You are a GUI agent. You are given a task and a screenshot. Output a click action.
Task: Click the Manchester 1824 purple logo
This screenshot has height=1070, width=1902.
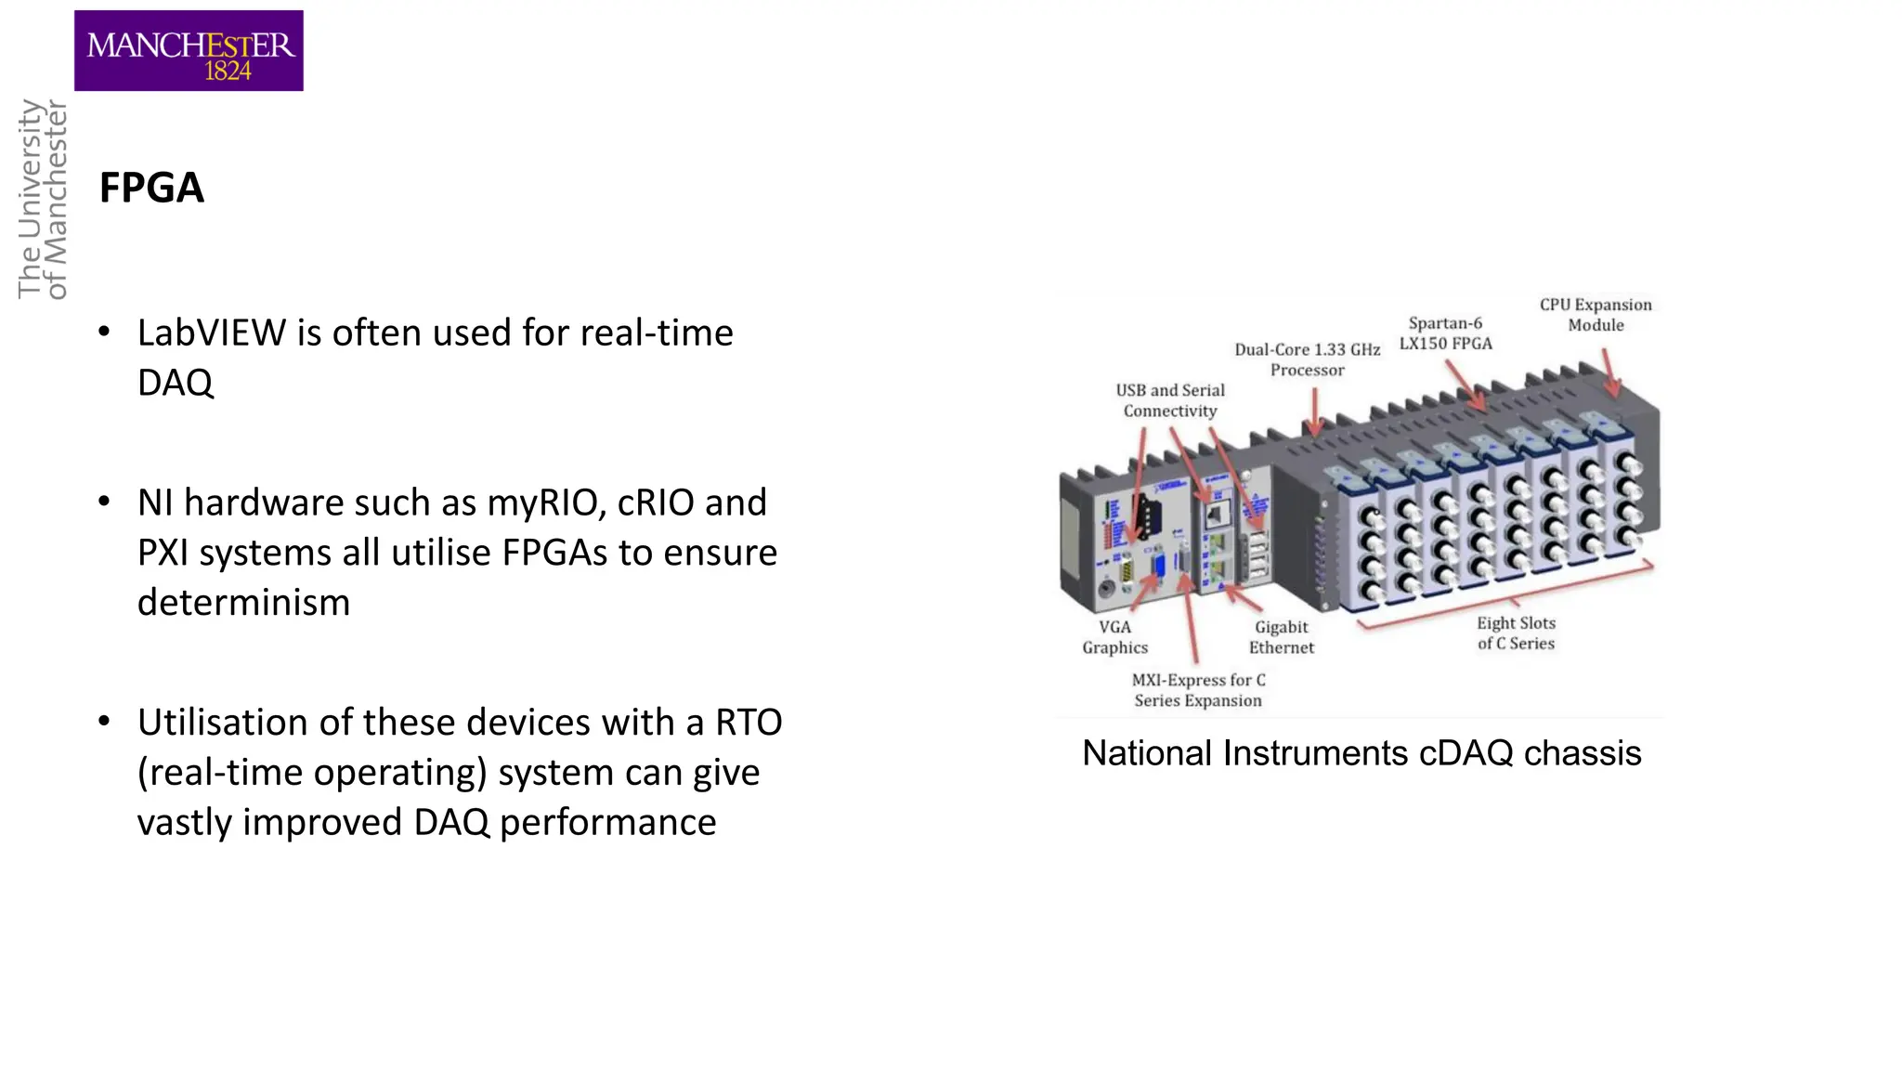pos(189,51)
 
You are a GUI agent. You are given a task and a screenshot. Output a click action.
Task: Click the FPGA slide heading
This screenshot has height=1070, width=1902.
pos(151,189)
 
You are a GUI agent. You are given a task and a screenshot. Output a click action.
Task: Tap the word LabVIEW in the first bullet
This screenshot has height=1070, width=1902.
pos(211,333)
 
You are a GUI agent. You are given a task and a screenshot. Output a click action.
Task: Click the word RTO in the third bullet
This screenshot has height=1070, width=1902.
pos(749,724)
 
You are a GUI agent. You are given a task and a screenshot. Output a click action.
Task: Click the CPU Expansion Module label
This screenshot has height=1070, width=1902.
pos(1596,315)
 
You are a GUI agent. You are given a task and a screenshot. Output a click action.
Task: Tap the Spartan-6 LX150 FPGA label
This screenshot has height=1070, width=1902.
pos(1445,333)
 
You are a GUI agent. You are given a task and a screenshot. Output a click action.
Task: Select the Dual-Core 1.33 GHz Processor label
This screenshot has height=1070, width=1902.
pos(1307,359)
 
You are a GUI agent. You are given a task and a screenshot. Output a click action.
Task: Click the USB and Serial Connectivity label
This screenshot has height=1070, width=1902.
pos(1169,400)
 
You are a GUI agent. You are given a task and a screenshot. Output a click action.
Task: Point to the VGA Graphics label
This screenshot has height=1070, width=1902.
pos(1114,637)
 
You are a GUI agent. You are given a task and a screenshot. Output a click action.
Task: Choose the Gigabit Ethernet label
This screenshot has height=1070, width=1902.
pos(1281,637)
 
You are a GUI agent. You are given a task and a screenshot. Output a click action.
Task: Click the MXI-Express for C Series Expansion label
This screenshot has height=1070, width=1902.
pos(1198,690)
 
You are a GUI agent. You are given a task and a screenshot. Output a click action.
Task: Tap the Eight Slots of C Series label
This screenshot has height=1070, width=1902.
pos(1516,633)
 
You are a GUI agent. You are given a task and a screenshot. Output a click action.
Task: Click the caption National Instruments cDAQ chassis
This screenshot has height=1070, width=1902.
pos(1361,753)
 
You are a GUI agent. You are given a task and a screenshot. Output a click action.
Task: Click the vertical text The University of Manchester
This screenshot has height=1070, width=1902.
pos(43,199)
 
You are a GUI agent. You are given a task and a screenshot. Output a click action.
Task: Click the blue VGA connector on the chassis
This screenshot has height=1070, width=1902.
pos(1158,567)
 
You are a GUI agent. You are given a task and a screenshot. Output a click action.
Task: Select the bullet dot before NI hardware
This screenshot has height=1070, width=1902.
pos(104,502)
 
